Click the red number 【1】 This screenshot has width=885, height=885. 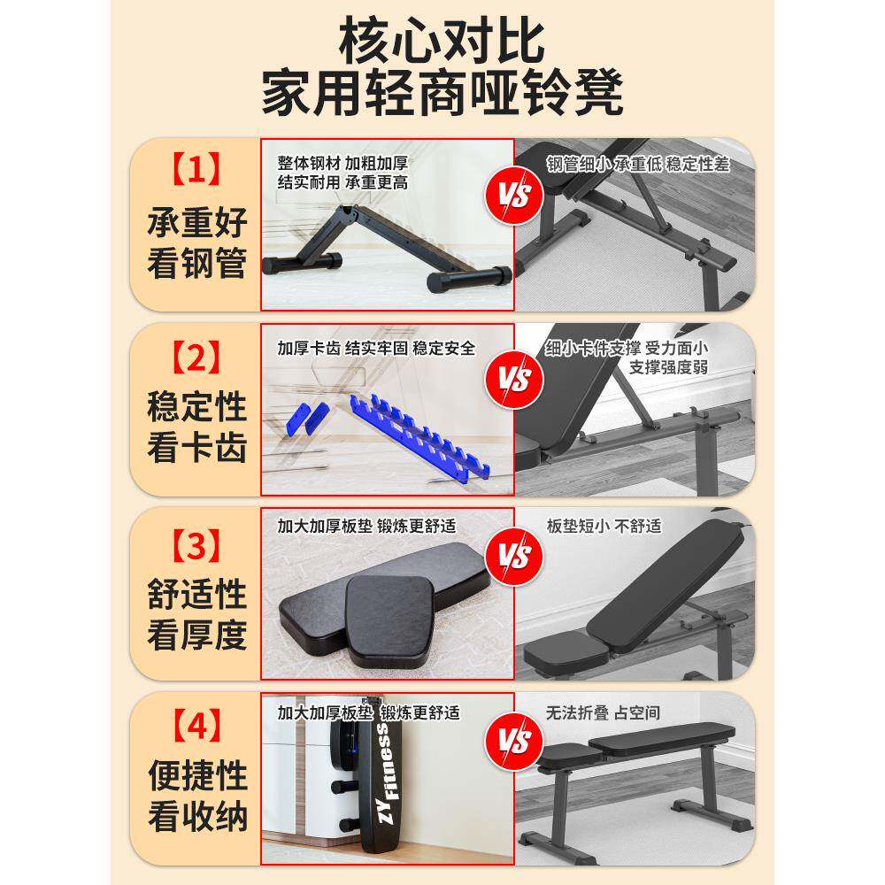pos(196,168)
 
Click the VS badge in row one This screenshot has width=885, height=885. pos(513,194)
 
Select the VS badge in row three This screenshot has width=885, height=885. pos(513,557)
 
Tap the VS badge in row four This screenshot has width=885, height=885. pos(513,740)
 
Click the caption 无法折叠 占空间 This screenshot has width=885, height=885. pos(603,712)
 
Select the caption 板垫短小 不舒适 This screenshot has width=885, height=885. pos(604,526)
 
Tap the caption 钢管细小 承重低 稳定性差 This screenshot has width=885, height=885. pos(637,164)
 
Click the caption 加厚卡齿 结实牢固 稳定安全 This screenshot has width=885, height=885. pos(375,348)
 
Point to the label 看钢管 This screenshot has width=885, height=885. pos(196,264)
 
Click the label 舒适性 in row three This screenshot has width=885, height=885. pos(196,592)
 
